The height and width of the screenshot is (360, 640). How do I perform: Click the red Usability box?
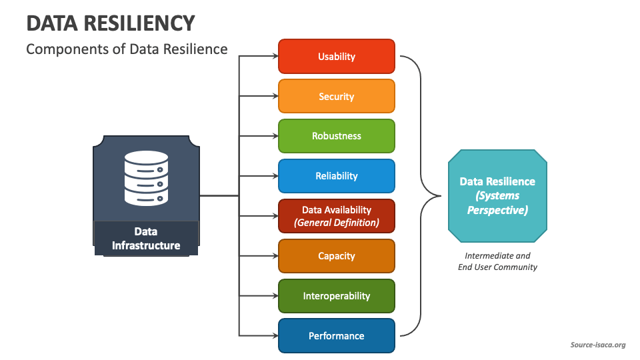[336, 57]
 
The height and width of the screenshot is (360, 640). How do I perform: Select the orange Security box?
[336, 97]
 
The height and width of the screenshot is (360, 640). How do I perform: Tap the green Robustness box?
[336, 136]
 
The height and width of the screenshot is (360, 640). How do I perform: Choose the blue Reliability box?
[336, 176]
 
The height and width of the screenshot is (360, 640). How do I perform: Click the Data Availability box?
[336, 216]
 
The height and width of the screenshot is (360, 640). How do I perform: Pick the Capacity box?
[336, 256]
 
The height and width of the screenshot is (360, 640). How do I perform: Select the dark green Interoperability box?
[336, 296]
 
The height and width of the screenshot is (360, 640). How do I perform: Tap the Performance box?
[336, 336]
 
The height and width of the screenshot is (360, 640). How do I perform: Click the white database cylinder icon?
[146, 177]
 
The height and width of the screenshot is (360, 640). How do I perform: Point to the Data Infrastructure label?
[146, 239]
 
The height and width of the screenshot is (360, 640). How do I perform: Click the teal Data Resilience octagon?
[497, 195]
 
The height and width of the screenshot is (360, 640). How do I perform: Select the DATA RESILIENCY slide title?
[111, 23]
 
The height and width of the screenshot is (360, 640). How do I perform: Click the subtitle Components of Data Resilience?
[127, 49]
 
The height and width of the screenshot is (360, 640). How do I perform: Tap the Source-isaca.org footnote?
[597, 345]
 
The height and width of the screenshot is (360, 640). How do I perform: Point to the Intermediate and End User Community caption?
[497, 261]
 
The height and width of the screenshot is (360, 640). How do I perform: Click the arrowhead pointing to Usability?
[274, 57]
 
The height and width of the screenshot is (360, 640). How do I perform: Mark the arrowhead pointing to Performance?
[274, 336]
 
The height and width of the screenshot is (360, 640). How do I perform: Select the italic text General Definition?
[336, 223]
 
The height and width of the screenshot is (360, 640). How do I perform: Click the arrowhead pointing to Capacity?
[274, 256]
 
